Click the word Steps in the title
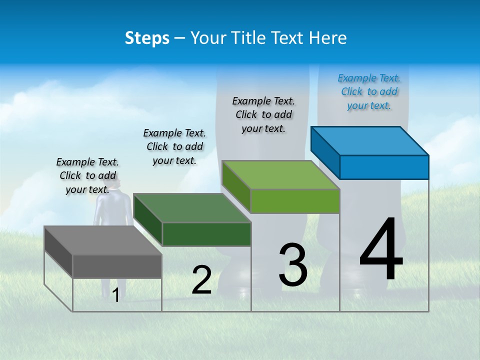(x=147, y=38)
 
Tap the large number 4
(x=381, y=250)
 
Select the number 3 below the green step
(x=293, y=265)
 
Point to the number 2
(x=201, y=280)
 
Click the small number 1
(x=115, y=295)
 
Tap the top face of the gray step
(x=102, y=240)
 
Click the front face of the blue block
(x=384, y=167)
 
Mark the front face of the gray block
(x=117, y=266)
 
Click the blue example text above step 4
(x=369, y=91)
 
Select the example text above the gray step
(x=87, y=175)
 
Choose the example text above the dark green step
(x=174, y=146)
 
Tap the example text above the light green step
(x=263, y=114)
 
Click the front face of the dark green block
(x=206, y=234)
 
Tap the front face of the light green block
(x=295, y=201)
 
